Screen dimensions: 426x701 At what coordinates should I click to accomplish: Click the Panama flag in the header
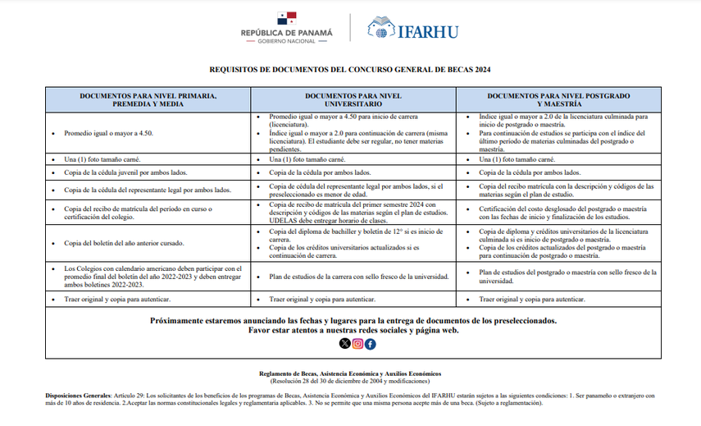tap(286, 18)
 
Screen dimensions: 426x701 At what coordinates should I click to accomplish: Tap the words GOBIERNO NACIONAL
tap(286, 41)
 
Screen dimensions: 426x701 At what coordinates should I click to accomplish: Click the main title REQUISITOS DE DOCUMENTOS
tap(350, 71)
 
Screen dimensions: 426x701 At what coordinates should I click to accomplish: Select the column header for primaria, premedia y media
tap(148, 100)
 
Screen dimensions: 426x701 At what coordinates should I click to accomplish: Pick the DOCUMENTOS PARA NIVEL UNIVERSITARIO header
tap(353, 100)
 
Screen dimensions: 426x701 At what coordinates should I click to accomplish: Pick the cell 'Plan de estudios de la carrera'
tap(358, 277)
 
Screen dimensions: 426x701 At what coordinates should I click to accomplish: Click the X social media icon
tap(344, 344)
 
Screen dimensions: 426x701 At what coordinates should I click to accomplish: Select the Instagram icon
tap(357, 344)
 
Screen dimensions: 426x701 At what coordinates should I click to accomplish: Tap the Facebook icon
tap(371, 344)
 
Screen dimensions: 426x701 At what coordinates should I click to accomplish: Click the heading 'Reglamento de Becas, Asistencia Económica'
tap(349, 373)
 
